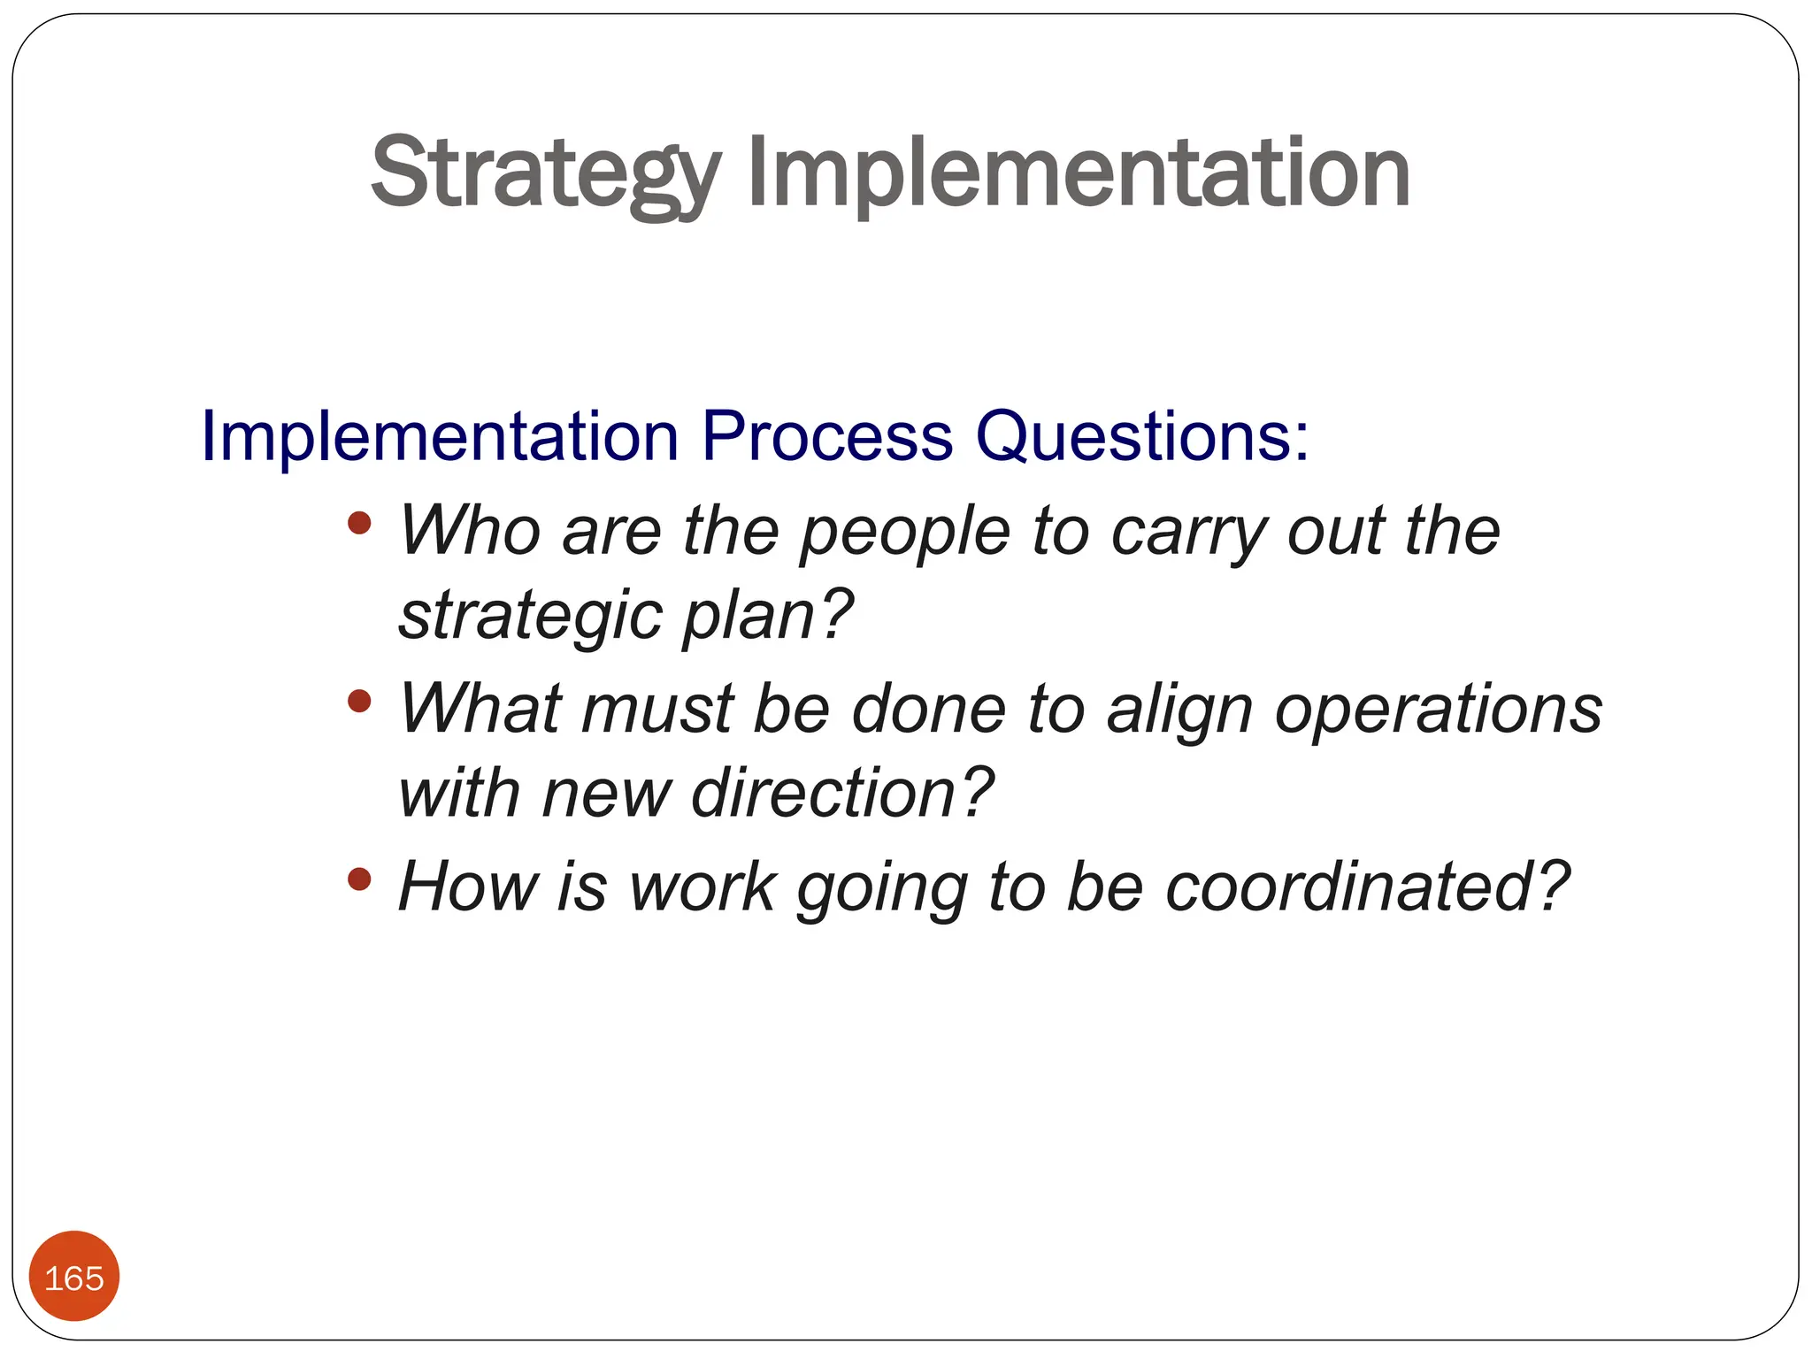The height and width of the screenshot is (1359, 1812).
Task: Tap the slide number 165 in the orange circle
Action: click(x=74, y=1278)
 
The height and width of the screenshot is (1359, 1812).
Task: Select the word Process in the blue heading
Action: click(x=826, y=436)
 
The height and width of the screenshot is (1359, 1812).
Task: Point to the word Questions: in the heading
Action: click(x=1141, y=436)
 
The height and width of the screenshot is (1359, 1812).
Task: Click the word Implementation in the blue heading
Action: click(x=440, y=436)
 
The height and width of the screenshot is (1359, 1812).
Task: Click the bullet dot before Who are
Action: click(x=359, y=523)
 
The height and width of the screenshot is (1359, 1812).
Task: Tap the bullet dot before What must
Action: click(x=359, y=702)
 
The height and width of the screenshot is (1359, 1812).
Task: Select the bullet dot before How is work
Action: click(x=359, y=879)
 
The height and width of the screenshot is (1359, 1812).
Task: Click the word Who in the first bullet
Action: click(x=469, y=531)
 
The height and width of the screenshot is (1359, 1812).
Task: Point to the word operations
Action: click(x=1438, y=710)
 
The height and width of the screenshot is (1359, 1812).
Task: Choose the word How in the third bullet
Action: click(x=467, y=887)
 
